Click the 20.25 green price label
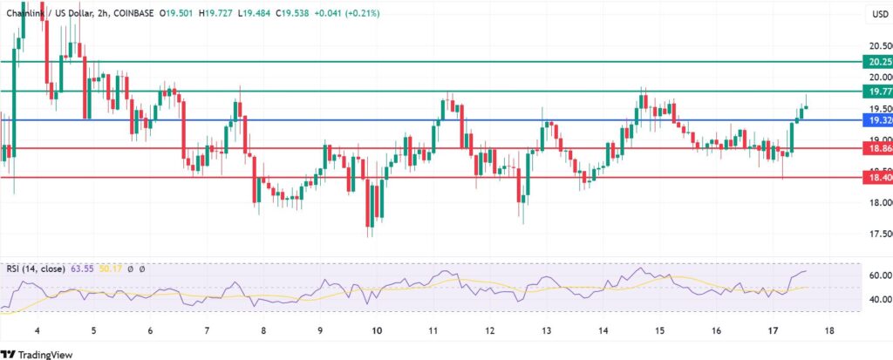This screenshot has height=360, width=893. coord(875,62)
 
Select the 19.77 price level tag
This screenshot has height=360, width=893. coord(875,91)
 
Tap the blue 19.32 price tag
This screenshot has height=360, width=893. coord(875,119)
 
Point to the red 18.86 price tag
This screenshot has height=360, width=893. coord(875,148)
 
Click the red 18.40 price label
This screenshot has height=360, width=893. coord(875,177)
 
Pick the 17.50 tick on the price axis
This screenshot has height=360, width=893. coord(875,234)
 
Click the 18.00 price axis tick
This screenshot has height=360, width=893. coord(875,203)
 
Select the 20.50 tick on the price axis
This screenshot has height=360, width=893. coord(875,45)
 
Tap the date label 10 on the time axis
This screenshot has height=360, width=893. coord(376,332)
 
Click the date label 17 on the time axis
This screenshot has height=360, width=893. coord(772,332)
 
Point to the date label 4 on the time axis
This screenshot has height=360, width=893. coord(37,332)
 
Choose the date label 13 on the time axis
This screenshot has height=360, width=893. coord(546,332)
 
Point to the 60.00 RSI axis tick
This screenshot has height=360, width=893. coord(875,275)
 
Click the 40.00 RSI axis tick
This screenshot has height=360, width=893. coord(875,299)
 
